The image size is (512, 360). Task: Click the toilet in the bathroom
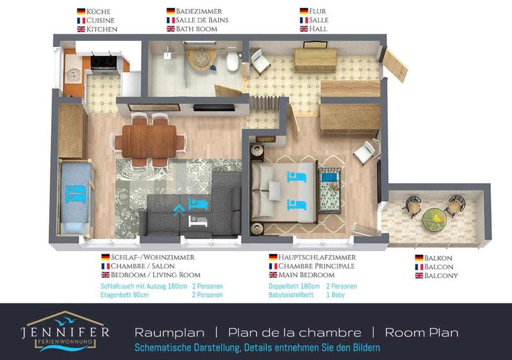233,61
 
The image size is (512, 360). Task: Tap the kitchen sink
72,75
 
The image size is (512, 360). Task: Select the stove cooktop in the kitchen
105,63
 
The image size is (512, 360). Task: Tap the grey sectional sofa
192,211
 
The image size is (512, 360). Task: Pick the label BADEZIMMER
199,11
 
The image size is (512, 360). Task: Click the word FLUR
318,11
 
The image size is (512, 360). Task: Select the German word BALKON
439,258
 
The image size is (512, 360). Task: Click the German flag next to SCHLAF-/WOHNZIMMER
105,257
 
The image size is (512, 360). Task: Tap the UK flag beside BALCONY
419,276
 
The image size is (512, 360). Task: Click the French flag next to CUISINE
81,20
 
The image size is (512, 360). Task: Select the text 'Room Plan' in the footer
421,333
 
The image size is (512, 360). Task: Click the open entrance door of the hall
396,65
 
